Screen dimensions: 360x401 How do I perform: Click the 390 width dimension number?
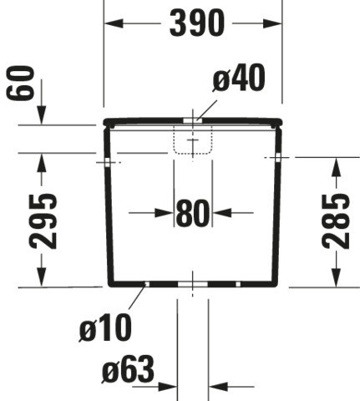pyautogui.click(x=197, y=23)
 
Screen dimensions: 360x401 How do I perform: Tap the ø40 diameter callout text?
pyautogui.click(x=239, y=78)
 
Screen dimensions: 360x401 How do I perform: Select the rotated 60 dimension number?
pyautogui.click(x=20, y=83)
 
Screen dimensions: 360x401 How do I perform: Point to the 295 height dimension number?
pyautogui.click(x=43, y=221)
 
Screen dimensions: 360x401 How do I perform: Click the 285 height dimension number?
pyautogui.click(x=336, y=221)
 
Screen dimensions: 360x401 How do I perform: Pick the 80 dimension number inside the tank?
pyautogui.click(x=193, y=213)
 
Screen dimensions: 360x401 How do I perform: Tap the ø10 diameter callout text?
pyautogui.click(x=105, y=327)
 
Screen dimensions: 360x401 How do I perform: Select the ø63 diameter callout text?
pyautogui.click(x=128, y=369)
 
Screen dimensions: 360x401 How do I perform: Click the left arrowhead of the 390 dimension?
pyautogui.click(x=114, y=23)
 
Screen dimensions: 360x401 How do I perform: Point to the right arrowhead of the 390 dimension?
pyautogui.click(x=272, y=23)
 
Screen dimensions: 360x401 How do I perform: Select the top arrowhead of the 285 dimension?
pyautogui.click(x=337, y=166)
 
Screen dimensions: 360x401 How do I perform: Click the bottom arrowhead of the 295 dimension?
pyautogui.click(x=42, y=277)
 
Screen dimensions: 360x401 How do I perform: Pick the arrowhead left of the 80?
pyautogui.click(x=165, y=213)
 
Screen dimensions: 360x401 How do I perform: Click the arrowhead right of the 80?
pyautogui.click(x=221, y=213)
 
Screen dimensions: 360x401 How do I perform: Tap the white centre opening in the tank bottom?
pyautogui.click(x=193, y=284)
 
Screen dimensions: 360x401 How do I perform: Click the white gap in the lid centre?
pyautogui.click(x=193, y=120)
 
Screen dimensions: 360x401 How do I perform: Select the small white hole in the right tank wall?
pyautogui.click(x=278, y=157)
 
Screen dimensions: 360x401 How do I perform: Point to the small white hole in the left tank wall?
pyautogui.click(x=108, y=162)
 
